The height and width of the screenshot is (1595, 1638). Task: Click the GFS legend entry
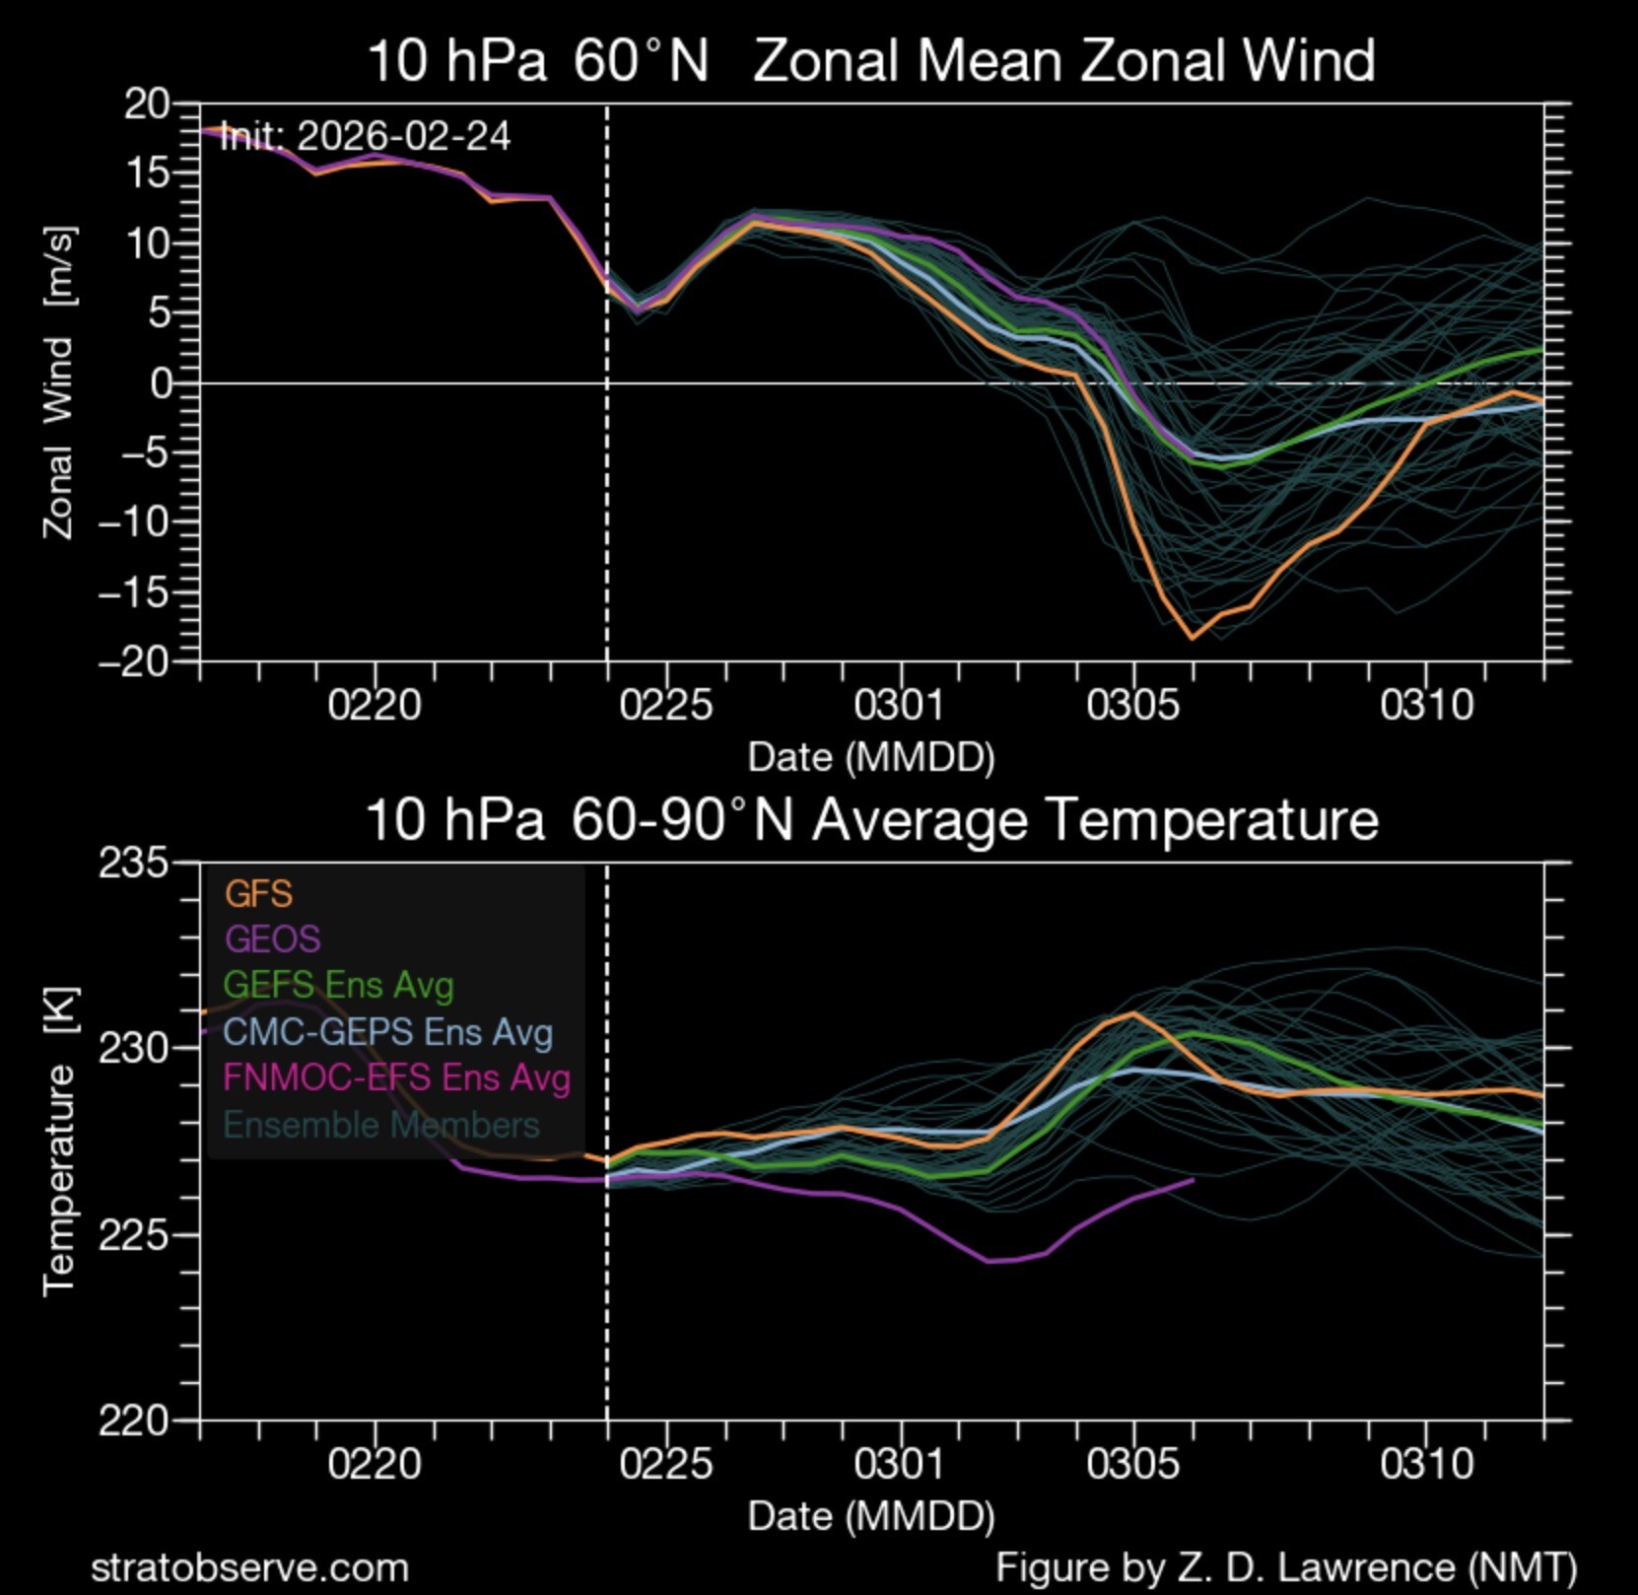[258, 893]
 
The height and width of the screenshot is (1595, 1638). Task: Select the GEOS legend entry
[273, 938]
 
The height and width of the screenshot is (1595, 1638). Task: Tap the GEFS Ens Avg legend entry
[339, 985]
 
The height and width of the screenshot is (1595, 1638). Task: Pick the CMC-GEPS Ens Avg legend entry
[388, 1032]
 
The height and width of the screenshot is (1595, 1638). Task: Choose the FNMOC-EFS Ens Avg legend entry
[397, 1077]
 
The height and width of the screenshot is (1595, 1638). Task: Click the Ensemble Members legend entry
[381, 1125]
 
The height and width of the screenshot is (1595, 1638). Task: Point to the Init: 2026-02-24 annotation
[365, 136]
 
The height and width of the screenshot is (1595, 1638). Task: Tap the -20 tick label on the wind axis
[134, 661]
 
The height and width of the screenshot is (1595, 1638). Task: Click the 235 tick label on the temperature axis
[134, 864]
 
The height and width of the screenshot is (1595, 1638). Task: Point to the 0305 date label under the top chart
[1132, 705]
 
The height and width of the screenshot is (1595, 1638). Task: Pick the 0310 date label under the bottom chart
[1426, 1464]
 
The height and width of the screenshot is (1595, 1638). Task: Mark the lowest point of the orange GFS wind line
[1193, 638]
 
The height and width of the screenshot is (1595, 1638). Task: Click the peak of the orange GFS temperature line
[1133, 1012]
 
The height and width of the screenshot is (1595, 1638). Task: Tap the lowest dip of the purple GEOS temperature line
[990, 1261]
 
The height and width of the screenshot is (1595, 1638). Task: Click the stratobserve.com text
[249, 1567]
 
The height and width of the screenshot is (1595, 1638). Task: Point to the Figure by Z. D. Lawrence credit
[1285, 1567]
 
